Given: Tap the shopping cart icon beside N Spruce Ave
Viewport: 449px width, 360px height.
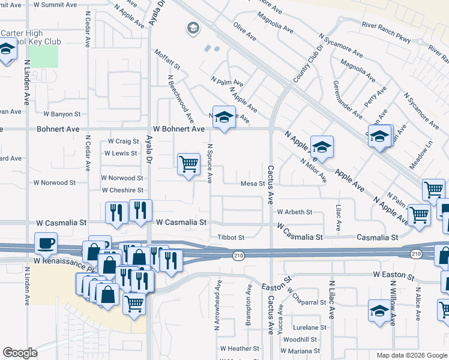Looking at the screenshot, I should click(x=188, y=163).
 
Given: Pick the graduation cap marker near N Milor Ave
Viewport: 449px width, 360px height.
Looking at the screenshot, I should click(x=322, y=147).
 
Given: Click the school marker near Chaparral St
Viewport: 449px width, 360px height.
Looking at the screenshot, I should click(x=379, y=311).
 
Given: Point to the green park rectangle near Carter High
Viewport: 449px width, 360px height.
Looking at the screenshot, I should click(x=43, y=56).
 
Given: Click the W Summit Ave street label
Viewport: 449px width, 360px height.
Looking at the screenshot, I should click(x=57, y=4).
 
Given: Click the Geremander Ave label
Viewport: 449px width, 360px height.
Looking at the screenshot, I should click(x=347, y=99).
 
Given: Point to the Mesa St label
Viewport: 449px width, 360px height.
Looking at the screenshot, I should click(x=253, y=184).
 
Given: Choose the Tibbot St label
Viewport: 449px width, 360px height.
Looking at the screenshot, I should click(x=231, y=238).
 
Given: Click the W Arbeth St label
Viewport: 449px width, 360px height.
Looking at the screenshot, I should click(x=294, y=212).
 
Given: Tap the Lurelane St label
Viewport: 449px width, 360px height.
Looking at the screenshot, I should click(x=310, y=328).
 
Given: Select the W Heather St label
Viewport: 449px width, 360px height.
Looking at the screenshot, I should click(x=239, y=348).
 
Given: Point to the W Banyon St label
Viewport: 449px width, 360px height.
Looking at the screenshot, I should click(x=62, y=114).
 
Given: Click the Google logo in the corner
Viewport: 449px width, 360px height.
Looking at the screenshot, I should click(x=20, y=353).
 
